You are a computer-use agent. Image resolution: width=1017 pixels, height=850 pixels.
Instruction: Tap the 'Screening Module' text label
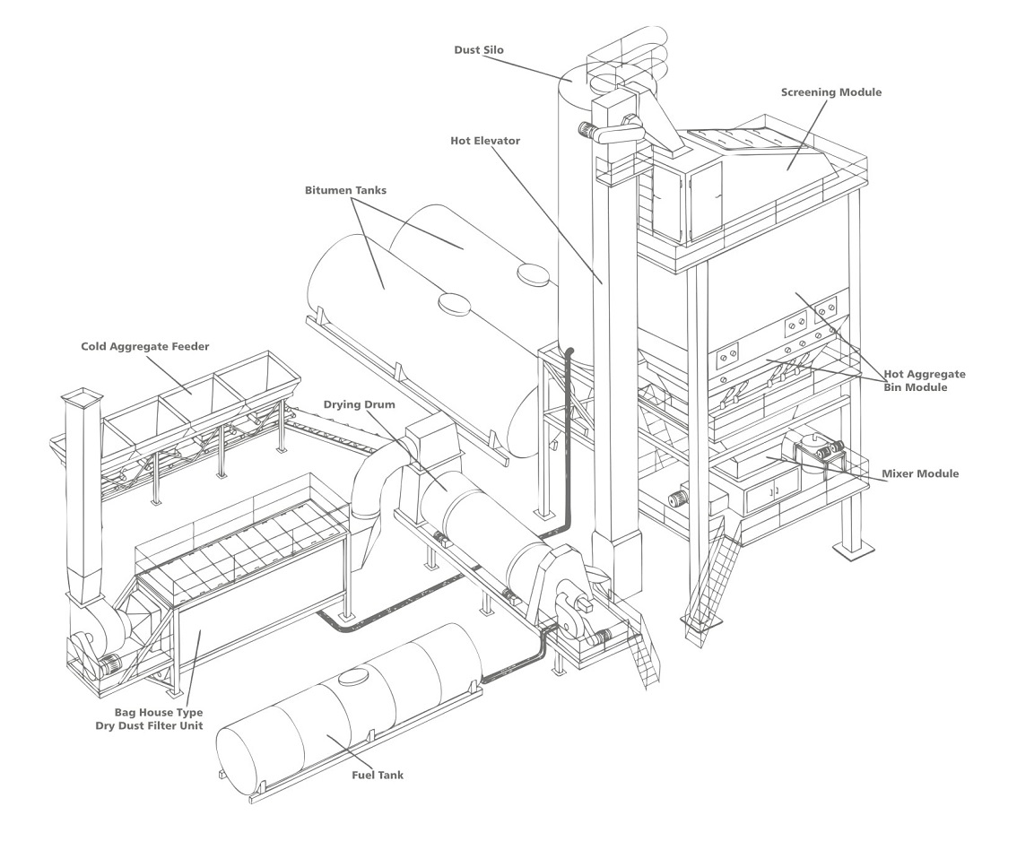[830, 92]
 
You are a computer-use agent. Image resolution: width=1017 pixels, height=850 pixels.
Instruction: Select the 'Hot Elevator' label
[484, 141]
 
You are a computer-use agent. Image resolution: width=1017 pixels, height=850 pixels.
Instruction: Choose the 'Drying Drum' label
[361, 405]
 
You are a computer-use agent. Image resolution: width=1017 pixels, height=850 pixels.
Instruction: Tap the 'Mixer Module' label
[920, 473]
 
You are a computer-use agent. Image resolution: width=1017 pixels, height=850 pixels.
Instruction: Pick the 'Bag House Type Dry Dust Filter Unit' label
[149, 719]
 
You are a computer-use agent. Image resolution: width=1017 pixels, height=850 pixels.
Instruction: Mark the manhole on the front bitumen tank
[453, 303]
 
